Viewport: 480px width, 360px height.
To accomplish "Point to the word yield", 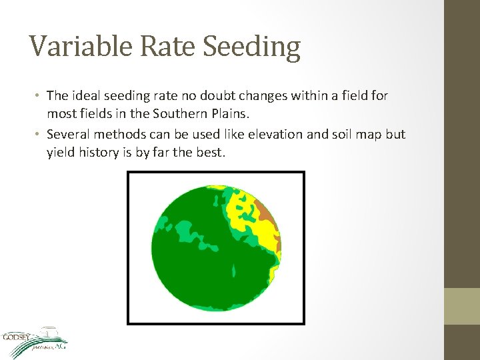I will (61, 152).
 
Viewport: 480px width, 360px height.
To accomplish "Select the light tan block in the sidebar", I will (462, 306).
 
